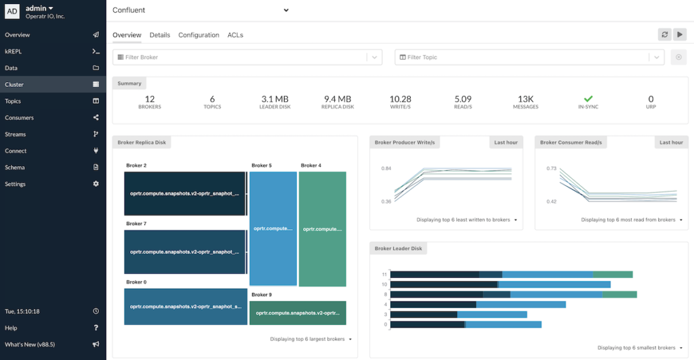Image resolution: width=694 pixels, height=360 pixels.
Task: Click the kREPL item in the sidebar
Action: click(15, 52)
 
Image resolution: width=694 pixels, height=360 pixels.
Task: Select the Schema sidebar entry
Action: click(15, 167)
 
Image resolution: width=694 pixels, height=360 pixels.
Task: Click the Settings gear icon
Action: click(96, 184)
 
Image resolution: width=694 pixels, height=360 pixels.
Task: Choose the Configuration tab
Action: click(199, 35)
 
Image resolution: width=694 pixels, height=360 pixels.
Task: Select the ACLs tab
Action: click(235, 35)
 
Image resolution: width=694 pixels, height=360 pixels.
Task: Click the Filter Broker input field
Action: click(244, 58)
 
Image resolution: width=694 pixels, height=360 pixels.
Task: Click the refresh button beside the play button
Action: click(665, 35)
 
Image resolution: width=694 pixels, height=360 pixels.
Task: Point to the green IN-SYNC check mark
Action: click(588, 99)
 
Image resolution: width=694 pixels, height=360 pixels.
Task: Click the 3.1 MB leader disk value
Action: click(275, 99)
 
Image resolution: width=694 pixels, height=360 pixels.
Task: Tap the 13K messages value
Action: click(526, 99)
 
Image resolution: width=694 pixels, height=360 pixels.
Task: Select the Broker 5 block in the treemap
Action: click(273, 228)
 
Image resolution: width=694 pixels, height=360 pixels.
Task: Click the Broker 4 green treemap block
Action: click(322, 228)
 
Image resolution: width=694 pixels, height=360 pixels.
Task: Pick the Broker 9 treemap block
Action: click(298, 313)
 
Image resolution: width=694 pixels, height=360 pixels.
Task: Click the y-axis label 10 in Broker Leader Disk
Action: click(384, 284)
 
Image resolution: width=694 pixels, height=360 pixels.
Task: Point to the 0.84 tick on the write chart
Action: click(386, 168)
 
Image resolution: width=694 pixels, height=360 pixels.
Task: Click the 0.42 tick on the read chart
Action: click(551, 201)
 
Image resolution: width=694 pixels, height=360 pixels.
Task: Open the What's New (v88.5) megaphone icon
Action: click(96, 344)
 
